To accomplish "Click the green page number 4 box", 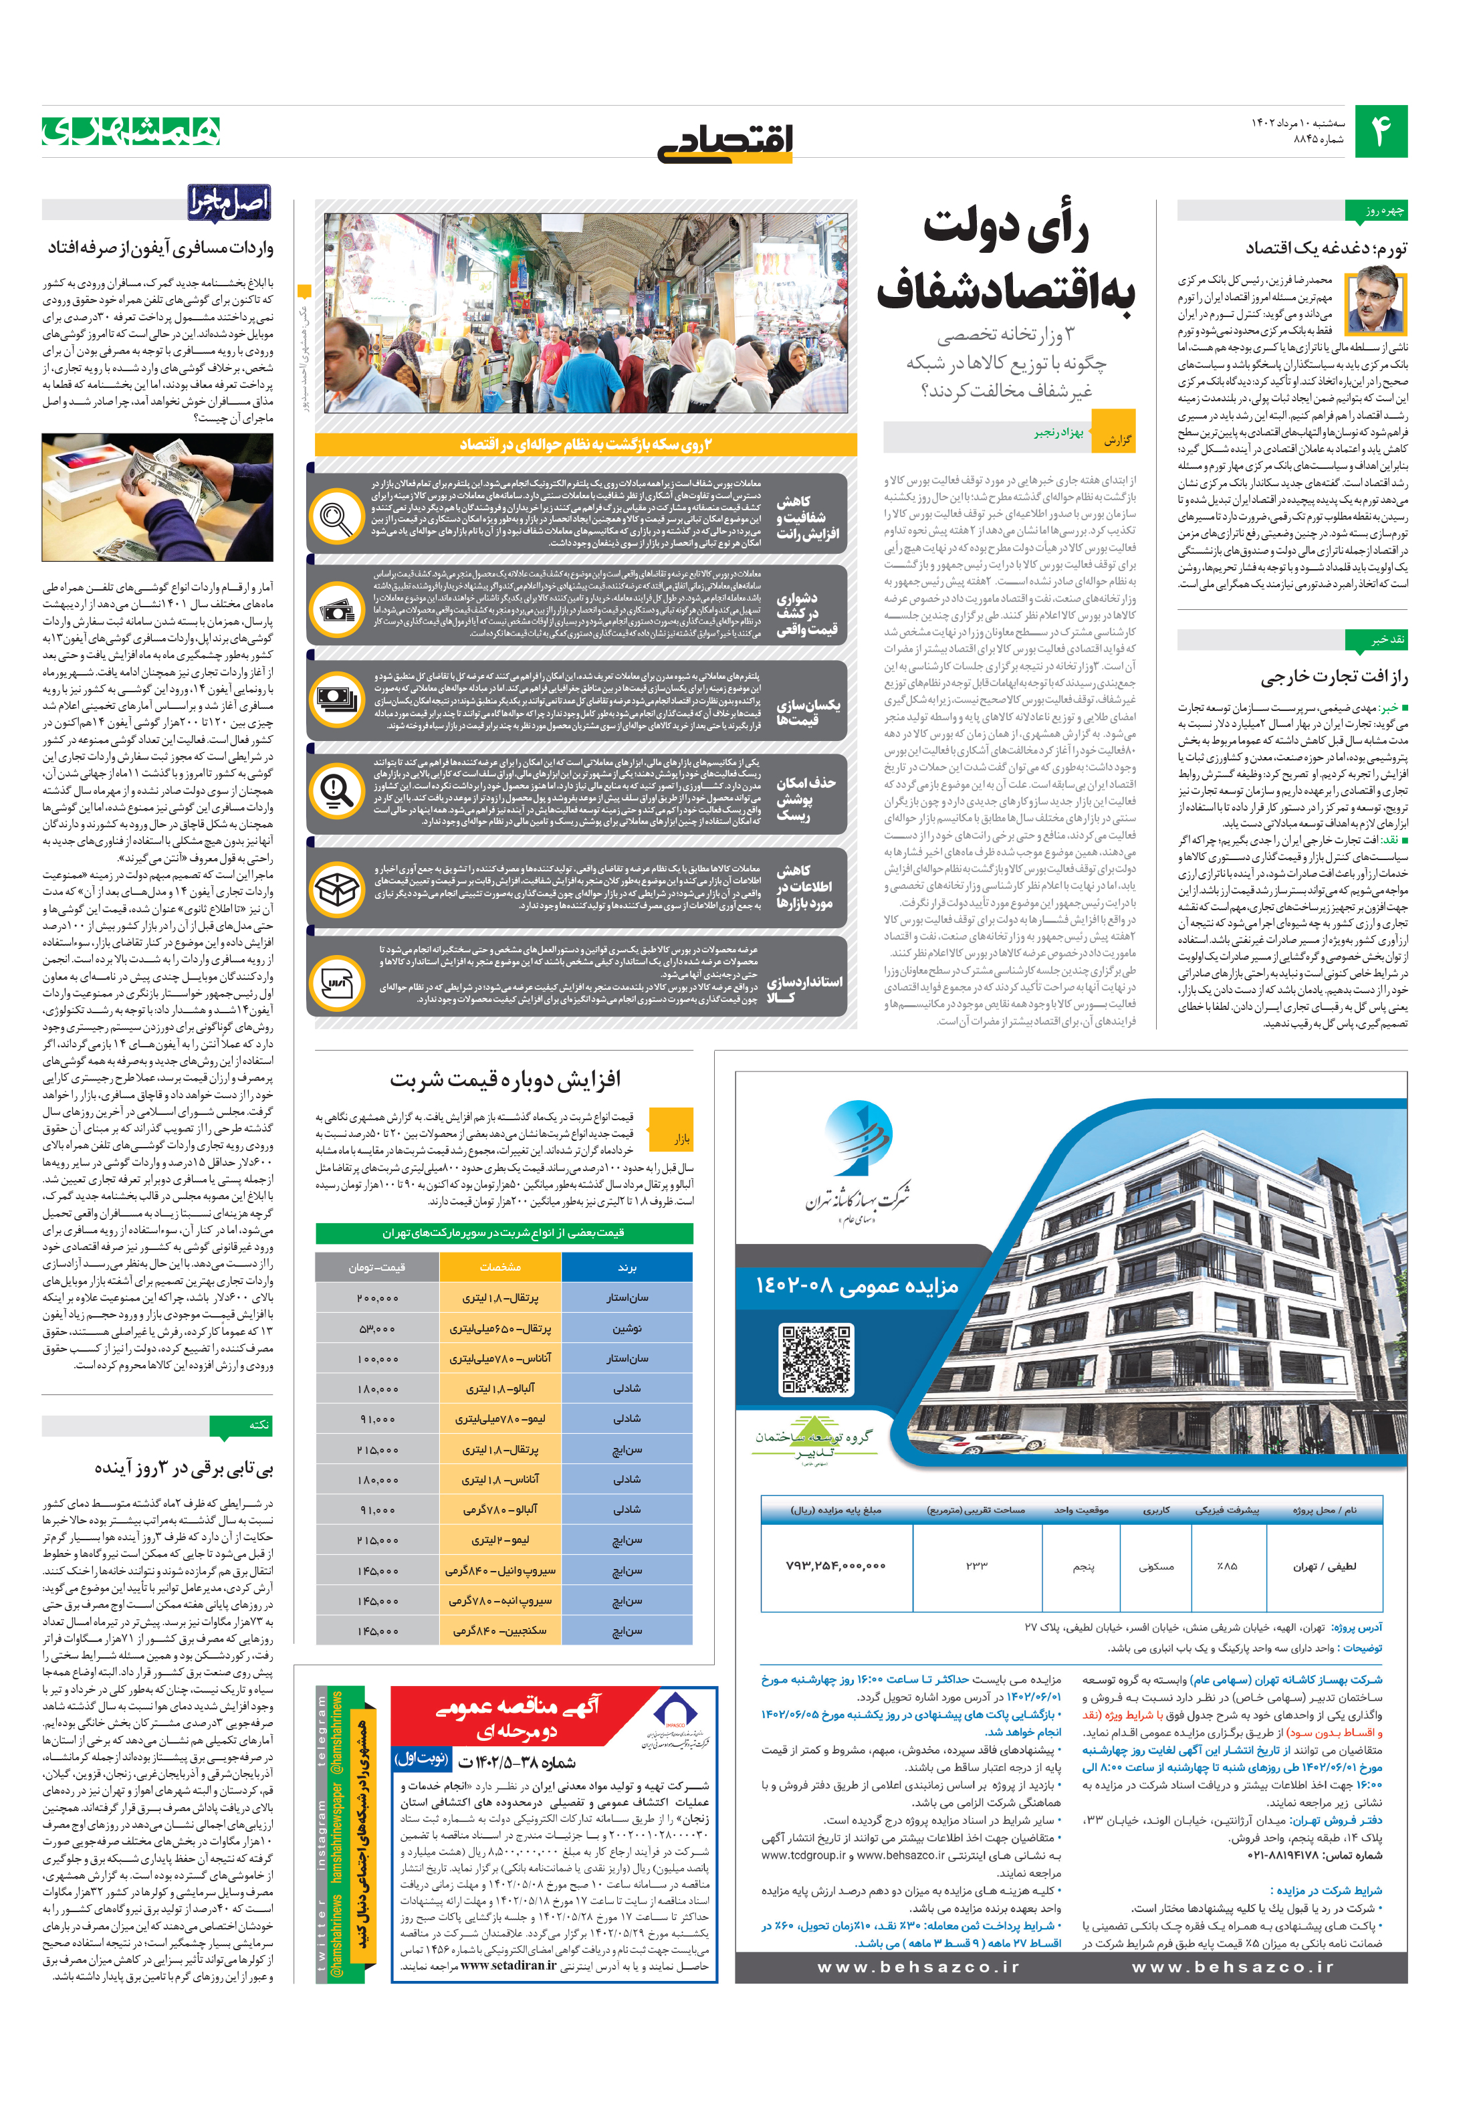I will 1379,131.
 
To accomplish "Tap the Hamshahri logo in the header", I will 131,131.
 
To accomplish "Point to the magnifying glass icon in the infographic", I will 336,516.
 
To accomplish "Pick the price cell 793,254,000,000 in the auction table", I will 835,1566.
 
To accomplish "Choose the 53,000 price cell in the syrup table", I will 377,1328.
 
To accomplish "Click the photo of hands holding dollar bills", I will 156,497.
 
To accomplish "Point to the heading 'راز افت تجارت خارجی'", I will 1334,677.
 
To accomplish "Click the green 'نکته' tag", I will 240,1425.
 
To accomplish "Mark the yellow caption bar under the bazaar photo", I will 585,445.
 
